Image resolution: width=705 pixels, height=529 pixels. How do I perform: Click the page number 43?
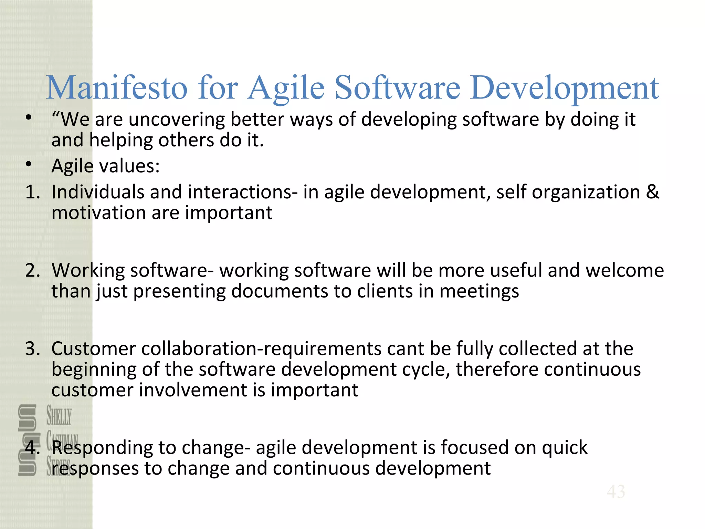point(616,491)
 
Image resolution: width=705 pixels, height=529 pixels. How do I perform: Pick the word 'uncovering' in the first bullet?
point(177,120)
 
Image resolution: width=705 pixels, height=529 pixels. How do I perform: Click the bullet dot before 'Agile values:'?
point(29,164)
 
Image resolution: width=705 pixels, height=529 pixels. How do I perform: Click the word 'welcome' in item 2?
point(624,270)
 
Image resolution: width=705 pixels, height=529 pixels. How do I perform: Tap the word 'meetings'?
point(479,292)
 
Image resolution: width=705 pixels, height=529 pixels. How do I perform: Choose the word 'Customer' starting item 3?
point(94,349)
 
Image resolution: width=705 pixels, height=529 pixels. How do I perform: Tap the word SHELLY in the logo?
point(59,416)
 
